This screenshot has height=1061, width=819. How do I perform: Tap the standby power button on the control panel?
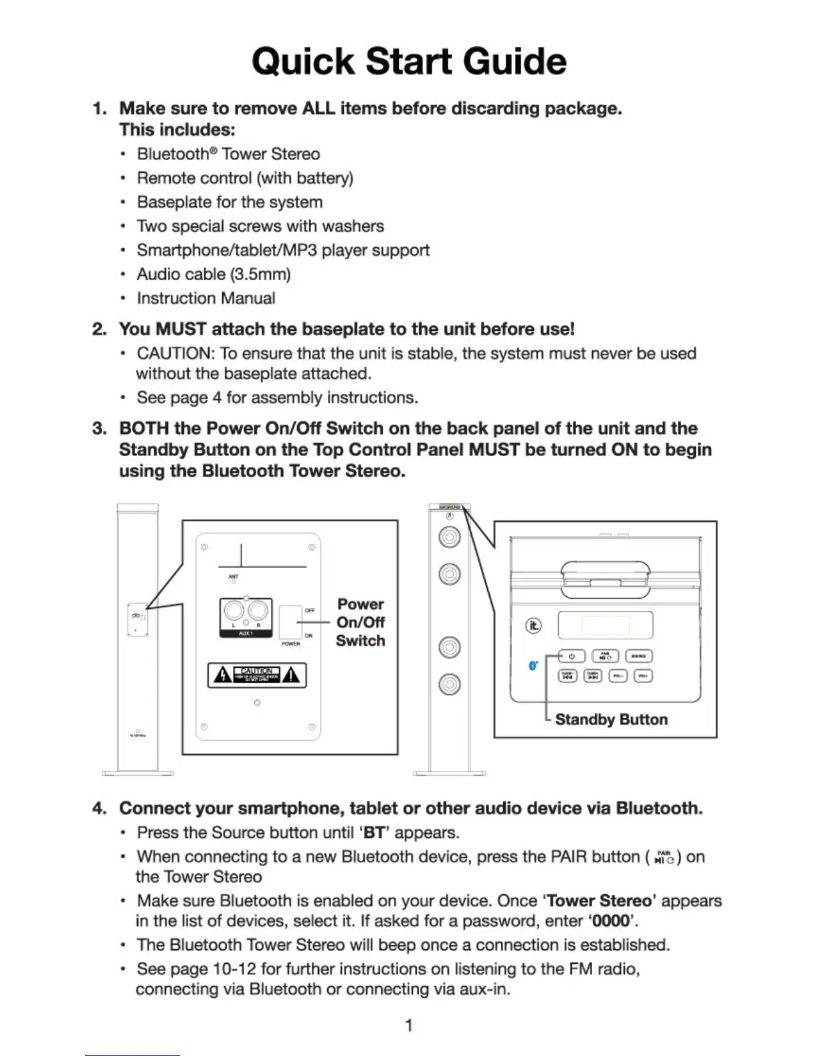click(571, 656)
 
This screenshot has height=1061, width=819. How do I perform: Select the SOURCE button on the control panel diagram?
click(638, 656)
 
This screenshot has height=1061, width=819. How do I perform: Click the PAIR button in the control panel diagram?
click(605, 656)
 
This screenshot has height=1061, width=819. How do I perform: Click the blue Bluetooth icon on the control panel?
click(533, 666)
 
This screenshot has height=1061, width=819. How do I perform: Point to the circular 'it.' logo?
click(533, 626)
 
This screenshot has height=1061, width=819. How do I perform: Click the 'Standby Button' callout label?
click(611, 719)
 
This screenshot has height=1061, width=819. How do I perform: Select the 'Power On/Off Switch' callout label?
click(361, 622)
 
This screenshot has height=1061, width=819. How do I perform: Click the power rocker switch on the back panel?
click(290, 623)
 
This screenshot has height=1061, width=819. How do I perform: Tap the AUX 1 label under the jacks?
click(246, 634)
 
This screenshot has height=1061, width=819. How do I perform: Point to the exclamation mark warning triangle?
click(291, 675)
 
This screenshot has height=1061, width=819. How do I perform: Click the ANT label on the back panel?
click(234, 576)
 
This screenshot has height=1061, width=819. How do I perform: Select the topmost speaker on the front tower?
click(449, 537)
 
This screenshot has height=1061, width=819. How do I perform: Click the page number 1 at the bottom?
click(409, 1025)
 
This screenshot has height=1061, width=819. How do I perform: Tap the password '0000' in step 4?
click(612, 921)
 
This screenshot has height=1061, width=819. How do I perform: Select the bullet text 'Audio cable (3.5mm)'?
click(213, 274)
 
